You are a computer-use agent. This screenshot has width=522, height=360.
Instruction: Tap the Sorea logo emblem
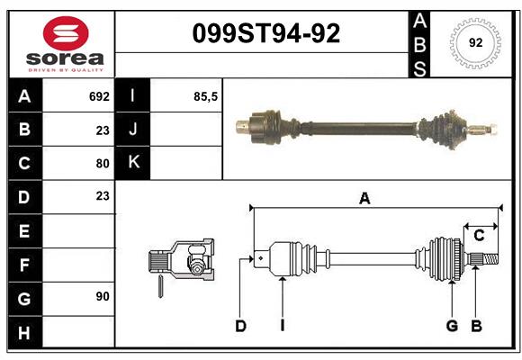click(66, 35)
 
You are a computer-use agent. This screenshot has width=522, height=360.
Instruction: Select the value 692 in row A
click(99, 96)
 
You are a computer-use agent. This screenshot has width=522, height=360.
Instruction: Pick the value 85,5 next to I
click(205, 96)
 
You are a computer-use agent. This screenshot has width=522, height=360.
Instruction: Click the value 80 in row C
click(102, 163)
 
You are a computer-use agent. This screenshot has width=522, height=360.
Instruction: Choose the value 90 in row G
click(102, 296)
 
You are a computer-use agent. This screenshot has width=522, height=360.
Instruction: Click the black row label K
click(133, 163)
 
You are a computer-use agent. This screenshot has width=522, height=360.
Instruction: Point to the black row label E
click(24, 230)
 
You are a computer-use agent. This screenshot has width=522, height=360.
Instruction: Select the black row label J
click(133, 130)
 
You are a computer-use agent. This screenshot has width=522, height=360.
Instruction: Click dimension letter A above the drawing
click(364, 199)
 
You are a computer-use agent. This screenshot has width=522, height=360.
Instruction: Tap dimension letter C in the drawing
click(479, 236)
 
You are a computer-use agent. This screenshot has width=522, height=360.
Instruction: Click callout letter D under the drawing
click(240, 326)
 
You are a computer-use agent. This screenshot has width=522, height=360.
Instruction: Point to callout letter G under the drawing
click(452, 326)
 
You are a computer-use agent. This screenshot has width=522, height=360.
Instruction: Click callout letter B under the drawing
click(476, 326)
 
